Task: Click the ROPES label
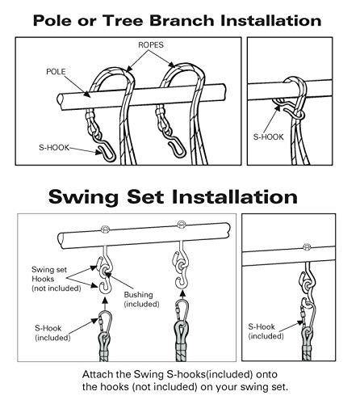tap(151, 45)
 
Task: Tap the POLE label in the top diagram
tap(56, 72)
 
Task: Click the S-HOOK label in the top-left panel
tap(54, 147)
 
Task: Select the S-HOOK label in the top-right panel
tap(269, 137)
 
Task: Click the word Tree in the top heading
tap(123, 21)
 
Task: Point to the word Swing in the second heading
tap(83, 197)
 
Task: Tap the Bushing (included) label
tap(141, 299)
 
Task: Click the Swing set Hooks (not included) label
tap(57, 279)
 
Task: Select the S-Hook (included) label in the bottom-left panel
tap(52, 333)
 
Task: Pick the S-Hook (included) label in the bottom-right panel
tap(266, 331)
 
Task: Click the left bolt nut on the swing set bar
tap(105, 229)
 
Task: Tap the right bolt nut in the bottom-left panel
tap(181, 224)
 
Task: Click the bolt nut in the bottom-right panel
tap(307, 247)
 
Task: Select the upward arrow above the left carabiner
tap(105, 304)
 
